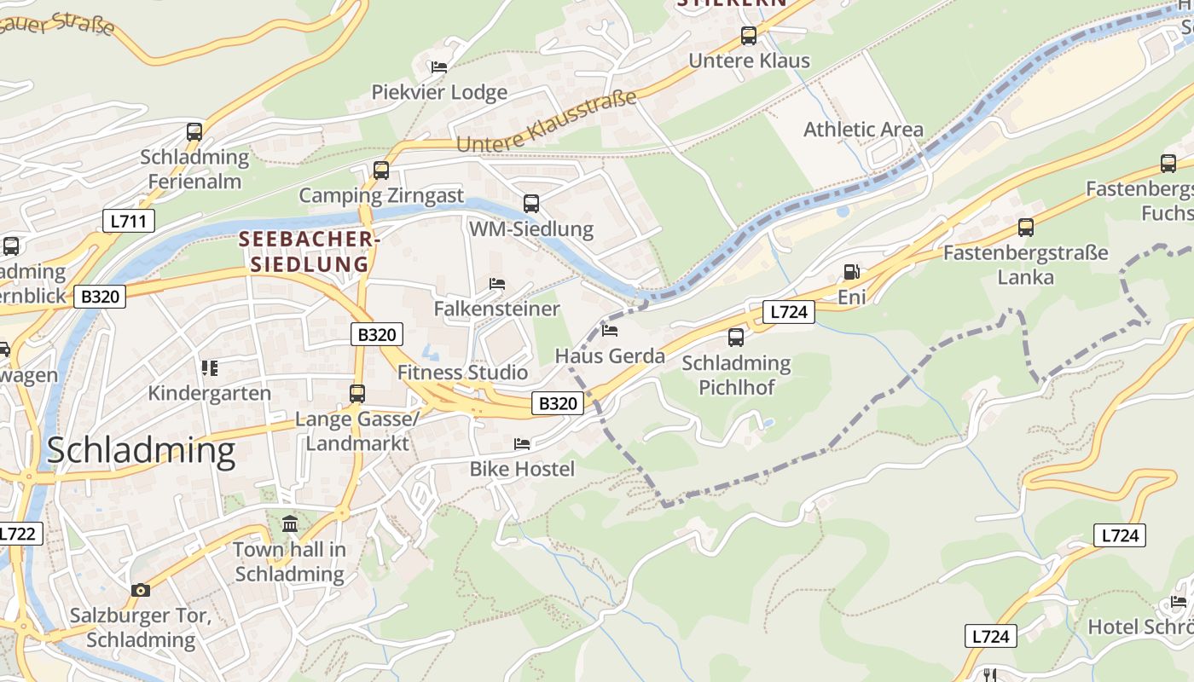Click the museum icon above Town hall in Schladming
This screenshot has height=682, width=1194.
pos(290,523)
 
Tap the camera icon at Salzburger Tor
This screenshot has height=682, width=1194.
pos(141,590)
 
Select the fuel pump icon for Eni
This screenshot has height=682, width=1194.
pos(850,272)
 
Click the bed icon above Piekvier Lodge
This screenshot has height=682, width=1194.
pos(439,66)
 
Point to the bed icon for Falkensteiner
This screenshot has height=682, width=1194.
pos(497,283)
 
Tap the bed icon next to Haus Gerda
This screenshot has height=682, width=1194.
pos(610,330)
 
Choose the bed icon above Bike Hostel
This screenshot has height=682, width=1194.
pos(522,443)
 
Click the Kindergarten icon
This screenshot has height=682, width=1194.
pos(210,368)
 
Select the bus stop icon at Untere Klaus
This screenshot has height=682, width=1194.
pos(749,36)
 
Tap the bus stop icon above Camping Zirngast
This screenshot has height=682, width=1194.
pos(381,170)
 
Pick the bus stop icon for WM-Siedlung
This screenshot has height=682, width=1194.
pos(531,203)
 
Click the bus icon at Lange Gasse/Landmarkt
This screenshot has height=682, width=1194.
pos(357,393)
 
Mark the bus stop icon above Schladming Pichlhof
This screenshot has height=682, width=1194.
pos(736,337)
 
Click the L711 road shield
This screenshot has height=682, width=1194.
pos(129,222)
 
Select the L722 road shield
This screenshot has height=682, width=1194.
pos(17,535)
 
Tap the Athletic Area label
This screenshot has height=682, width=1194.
pos(863,130)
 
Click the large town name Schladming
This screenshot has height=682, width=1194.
pos(141,450)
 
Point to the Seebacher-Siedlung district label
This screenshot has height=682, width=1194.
pos(309,251)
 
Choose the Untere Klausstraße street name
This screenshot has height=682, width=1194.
pos(547,122)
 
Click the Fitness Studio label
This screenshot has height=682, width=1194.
pos(462,373)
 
